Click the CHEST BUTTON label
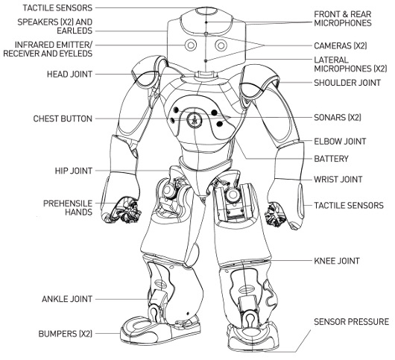pos(63,119)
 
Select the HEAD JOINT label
pos(69,75)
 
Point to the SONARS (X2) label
pos(338,118)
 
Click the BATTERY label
pos(331,159)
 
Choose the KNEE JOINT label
pos(337,261)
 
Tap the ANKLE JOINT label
pos(67,299)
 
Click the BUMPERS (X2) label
pos(66,334)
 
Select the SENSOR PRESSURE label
pos(352,322)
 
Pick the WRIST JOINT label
pos(338,180)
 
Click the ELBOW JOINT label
pos(340,142)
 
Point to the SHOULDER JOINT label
pos(347,83)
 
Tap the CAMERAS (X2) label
pos(341,45)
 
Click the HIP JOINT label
pos(74,171)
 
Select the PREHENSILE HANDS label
pos(68,208)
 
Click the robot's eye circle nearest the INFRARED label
pos(191,45)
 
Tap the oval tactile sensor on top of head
pos(206,11)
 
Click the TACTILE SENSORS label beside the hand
pos(349,205)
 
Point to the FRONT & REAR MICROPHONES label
pos(343,19)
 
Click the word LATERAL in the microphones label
pos(331,60)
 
